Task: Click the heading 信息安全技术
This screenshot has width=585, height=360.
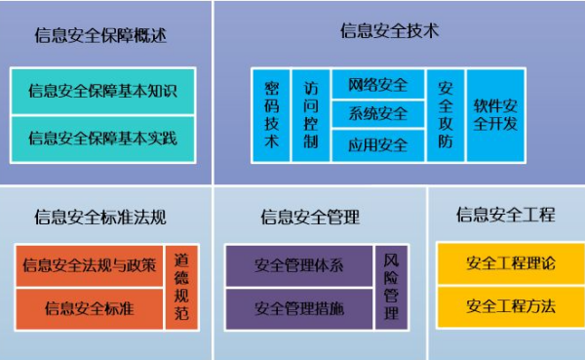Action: tap(390, 30)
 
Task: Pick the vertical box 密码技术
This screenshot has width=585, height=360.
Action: tap(272, 115)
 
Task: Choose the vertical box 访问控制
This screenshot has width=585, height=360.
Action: tap(310, 115)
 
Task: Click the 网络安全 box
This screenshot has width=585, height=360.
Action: tap(378, 84)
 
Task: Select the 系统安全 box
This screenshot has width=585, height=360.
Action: tap(378, 114)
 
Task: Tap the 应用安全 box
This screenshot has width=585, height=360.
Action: tap(378, 145)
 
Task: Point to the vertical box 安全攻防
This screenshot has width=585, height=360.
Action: tap(446, 115)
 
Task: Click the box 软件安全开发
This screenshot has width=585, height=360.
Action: tap(497, 115)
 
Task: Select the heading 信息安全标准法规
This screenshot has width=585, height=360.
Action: tap(100, 217)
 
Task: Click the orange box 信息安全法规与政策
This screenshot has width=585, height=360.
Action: tap(89, 265)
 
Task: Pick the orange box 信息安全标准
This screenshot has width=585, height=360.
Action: tap(89, 308)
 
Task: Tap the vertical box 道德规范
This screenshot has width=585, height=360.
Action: tap(181, 288)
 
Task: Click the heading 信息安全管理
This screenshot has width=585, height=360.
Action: tap(310, 217)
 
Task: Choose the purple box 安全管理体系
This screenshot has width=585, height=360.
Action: tap(299, 265)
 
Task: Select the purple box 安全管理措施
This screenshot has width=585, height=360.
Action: tap(299, 308)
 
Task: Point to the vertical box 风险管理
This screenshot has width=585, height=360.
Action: tap(391, 288)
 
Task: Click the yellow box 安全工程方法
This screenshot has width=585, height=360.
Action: tap(510, 306)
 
